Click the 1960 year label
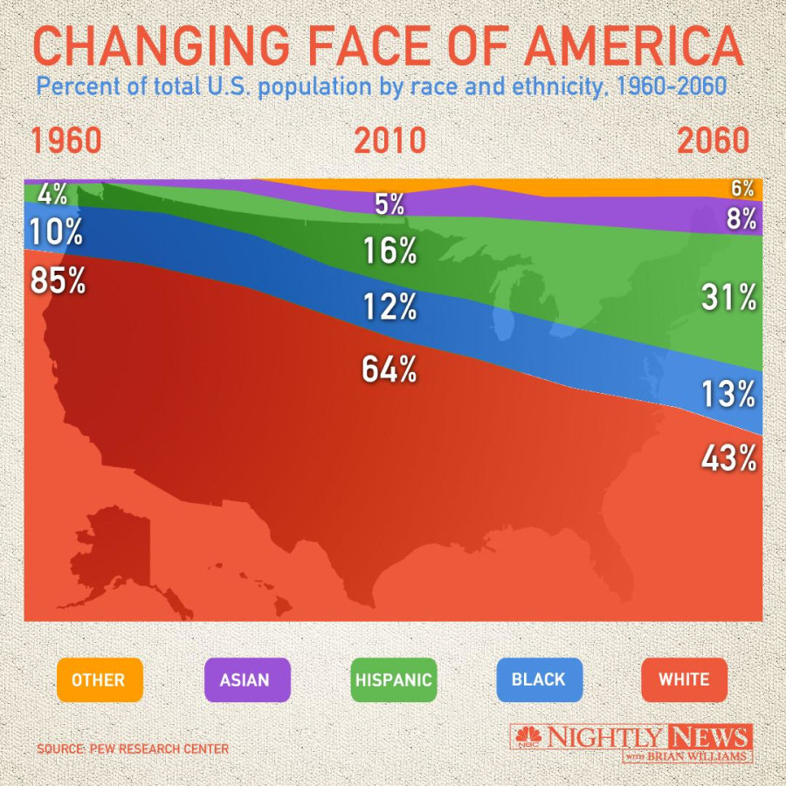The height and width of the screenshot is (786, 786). tap(66, 141)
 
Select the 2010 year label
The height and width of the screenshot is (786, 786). tap(390, 141)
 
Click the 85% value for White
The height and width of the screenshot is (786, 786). tap(58, 280)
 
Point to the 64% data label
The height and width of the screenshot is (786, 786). tap(390, 369)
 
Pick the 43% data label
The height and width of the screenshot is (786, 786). tap(728, 458)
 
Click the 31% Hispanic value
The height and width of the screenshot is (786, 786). tap(728, 299)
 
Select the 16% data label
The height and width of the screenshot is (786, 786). tap(390, 252)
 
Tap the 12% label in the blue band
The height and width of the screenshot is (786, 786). tap(390, 307)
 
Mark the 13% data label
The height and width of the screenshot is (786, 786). tap(728, 395)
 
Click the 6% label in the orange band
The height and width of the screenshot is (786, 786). tap(742, 188)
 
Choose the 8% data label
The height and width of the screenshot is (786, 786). tap(741, 218)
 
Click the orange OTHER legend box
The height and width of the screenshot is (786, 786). tap(100, 679)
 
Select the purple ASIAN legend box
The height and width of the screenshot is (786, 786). tap(245, 679)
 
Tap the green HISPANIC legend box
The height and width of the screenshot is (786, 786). tap(393, 679)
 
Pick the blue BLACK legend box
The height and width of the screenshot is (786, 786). tap(538, 679)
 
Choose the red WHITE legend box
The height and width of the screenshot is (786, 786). tap(684, 679)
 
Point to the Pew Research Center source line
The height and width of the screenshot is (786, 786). tap(133, 749)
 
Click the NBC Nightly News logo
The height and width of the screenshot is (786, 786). tap(631, 742)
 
